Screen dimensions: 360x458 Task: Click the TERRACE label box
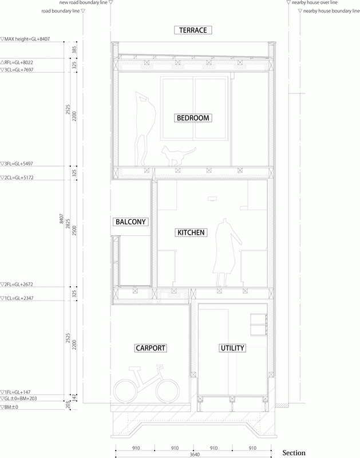[x=193, y=30]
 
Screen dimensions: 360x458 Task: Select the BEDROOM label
[x=193, y=118]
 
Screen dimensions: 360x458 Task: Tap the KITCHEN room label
[x=191, y=232]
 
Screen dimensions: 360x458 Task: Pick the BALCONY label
[x=130, y=222]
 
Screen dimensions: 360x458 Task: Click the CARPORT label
[x=151, y=348]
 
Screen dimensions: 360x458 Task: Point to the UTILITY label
[x=232, y=348]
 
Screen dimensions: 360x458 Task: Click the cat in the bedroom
[x=179, y=156]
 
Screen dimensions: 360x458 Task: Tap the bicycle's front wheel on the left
[x=125, y=391]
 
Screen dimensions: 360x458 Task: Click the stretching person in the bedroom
[x=145, y=128]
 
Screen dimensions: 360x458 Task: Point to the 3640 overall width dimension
[x=195, y=455]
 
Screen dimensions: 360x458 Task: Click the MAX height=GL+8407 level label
[x=25, y=39]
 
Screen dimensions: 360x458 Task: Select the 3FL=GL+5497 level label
[x=17, y=164]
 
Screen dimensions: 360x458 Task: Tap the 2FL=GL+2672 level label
[x=17, y=284]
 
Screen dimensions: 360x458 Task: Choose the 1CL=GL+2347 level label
[x=17, y=298]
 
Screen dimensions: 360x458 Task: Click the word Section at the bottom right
[x=294, y=453]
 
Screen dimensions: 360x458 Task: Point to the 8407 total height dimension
[x=61, y=219]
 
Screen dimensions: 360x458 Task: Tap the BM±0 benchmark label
[x=9, y=407]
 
